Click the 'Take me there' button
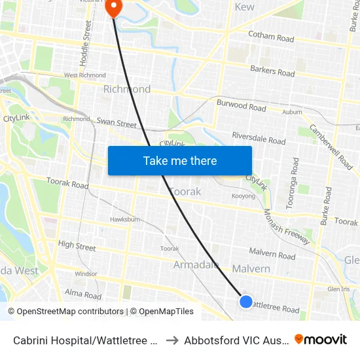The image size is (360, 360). coord(180,160)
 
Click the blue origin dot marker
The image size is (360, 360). coord(246,301)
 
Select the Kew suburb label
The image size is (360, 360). coord(244,7)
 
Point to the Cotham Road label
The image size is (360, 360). coord(271,38)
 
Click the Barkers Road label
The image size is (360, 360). coord(272,71)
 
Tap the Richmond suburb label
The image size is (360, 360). coord(127,89)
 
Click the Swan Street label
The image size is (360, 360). coord(117,123)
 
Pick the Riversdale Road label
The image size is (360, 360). coord(259,138)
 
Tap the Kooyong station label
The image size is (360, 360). coord(243,196)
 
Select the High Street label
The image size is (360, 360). coord(77,246)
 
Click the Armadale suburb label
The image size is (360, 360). coord(196,264)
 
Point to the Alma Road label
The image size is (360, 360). coord(83,295)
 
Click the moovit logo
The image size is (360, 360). coord(321,339)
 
